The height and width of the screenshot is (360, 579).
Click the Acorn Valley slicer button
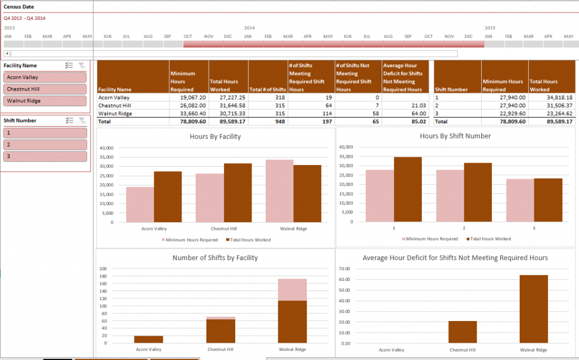[45, 77]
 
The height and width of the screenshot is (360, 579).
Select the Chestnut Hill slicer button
[45, 89]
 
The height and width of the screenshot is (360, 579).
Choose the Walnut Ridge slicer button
[45, 101]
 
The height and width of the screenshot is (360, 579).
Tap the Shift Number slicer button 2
[45, 145]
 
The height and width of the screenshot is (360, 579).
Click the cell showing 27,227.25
[228, 97]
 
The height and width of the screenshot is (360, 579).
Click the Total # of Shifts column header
[268, 89]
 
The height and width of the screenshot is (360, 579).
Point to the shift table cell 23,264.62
[551, 113]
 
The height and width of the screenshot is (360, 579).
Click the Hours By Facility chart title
[215, 136]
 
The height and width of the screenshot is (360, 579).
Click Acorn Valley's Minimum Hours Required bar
[140, 204]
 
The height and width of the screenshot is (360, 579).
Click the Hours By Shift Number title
[455, 136]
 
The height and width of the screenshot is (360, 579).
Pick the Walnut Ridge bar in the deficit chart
[533, 309]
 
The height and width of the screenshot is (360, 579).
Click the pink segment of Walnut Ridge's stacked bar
[292, 289]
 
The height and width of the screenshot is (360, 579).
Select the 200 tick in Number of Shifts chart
[102, 269]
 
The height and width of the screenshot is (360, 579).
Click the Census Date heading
[16, 7]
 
